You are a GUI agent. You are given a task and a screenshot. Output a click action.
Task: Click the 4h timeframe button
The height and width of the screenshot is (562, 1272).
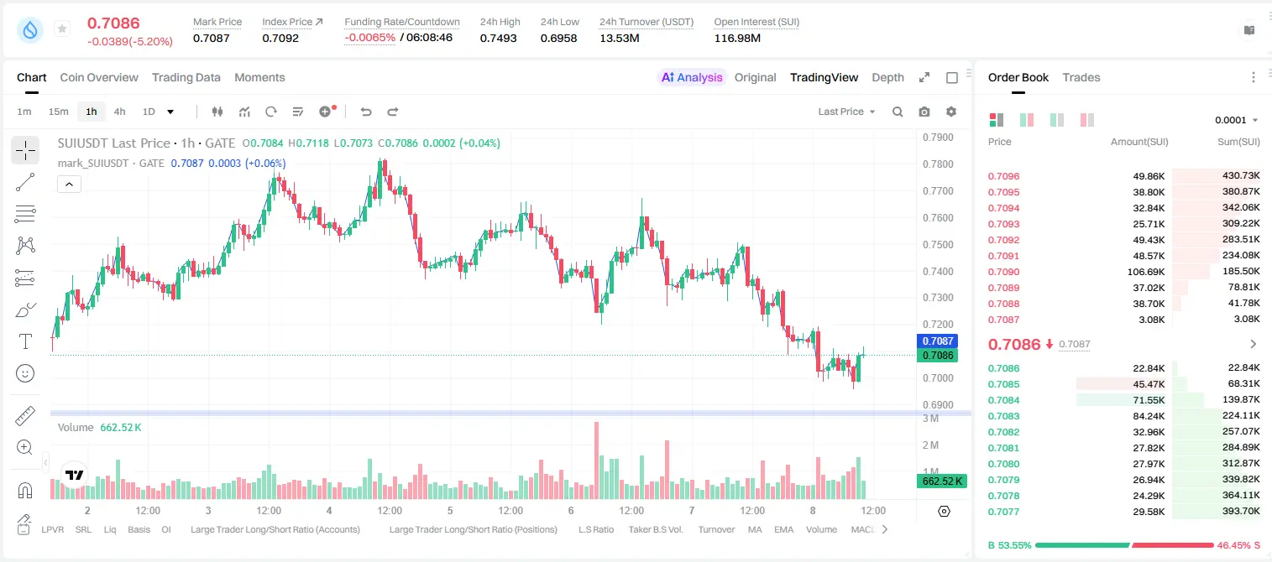(x=119, y=112)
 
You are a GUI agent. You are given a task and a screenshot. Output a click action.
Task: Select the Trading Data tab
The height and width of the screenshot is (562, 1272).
(x=186, y=77)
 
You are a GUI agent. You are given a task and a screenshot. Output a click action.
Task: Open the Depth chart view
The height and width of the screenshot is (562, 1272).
(x=887, y=77)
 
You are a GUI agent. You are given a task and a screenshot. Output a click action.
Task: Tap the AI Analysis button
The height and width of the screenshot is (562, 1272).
(x=692, y=77)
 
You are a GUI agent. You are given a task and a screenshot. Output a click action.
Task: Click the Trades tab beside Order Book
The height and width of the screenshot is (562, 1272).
(x=1081, y=77)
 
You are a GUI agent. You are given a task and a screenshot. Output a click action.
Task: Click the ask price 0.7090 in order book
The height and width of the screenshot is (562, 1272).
(x=1003, y=272)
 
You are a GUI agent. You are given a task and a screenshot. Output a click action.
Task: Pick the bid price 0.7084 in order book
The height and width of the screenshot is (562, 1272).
(x=1003, y=400)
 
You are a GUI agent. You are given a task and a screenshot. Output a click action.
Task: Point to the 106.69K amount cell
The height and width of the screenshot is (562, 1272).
(x=1146, y=272)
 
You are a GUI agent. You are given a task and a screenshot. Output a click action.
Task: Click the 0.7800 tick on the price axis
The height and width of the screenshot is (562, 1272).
(x=938, y=164)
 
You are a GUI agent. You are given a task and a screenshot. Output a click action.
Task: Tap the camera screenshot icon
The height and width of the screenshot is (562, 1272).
(x=924, y=112)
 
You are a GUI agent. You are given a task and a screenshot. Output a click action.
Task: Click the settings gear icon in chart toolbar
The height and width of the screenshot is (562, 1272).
(x=951, y=112)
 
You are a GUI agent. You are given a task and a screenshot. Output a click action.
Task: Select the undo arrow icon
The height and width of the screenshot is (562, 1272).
(x=366, y=112)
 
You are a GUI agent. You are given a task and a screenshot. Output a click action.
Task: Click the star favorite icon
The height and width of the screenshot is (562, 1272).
(x=62, y=29)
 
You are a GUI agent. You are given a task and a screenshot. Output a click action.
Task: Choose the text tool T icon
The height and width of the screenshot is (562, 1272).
(x=25, y=341)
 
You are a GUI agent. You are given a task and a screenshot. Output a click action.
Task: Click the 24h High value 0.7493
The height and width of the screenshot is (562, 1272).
(x=498, y=38)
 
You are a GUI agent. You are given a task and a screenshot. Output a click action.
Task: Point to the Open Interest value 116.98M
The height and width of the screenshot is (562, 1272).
(x=737, y=38)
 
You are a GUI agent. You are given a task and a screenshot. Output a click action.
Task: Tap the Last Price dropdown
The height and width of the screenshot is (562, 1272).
(x=846, y=112)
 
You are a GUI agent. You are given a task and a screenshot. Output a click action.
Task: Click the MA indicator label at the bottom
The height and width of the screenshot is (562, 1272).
(x=755, y=529)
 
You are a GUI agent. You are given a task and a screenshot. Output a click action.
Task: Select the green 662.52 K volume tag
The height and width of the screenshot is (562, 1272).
(x=941, y=481)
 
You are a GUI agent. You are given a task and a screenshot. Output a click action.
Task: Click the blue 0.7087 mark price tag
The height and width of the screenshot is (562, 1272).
(x=938, y=341)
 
